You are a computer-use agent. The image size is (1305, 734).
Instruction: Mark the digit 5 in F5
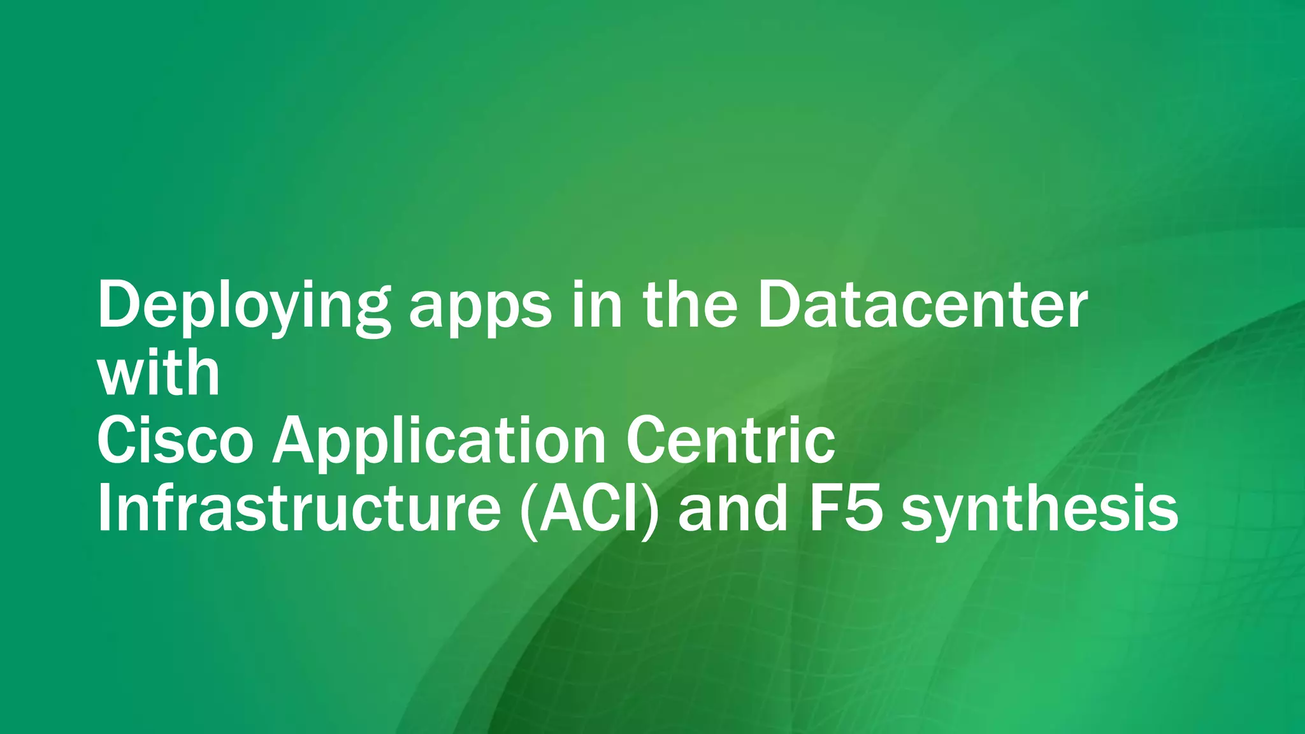(864, 509)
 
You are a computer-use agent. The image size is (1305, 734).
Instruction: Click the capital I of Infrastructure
(105, 509)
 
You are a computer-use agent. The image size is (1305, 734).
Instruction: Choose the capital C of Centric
(646, 441)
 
